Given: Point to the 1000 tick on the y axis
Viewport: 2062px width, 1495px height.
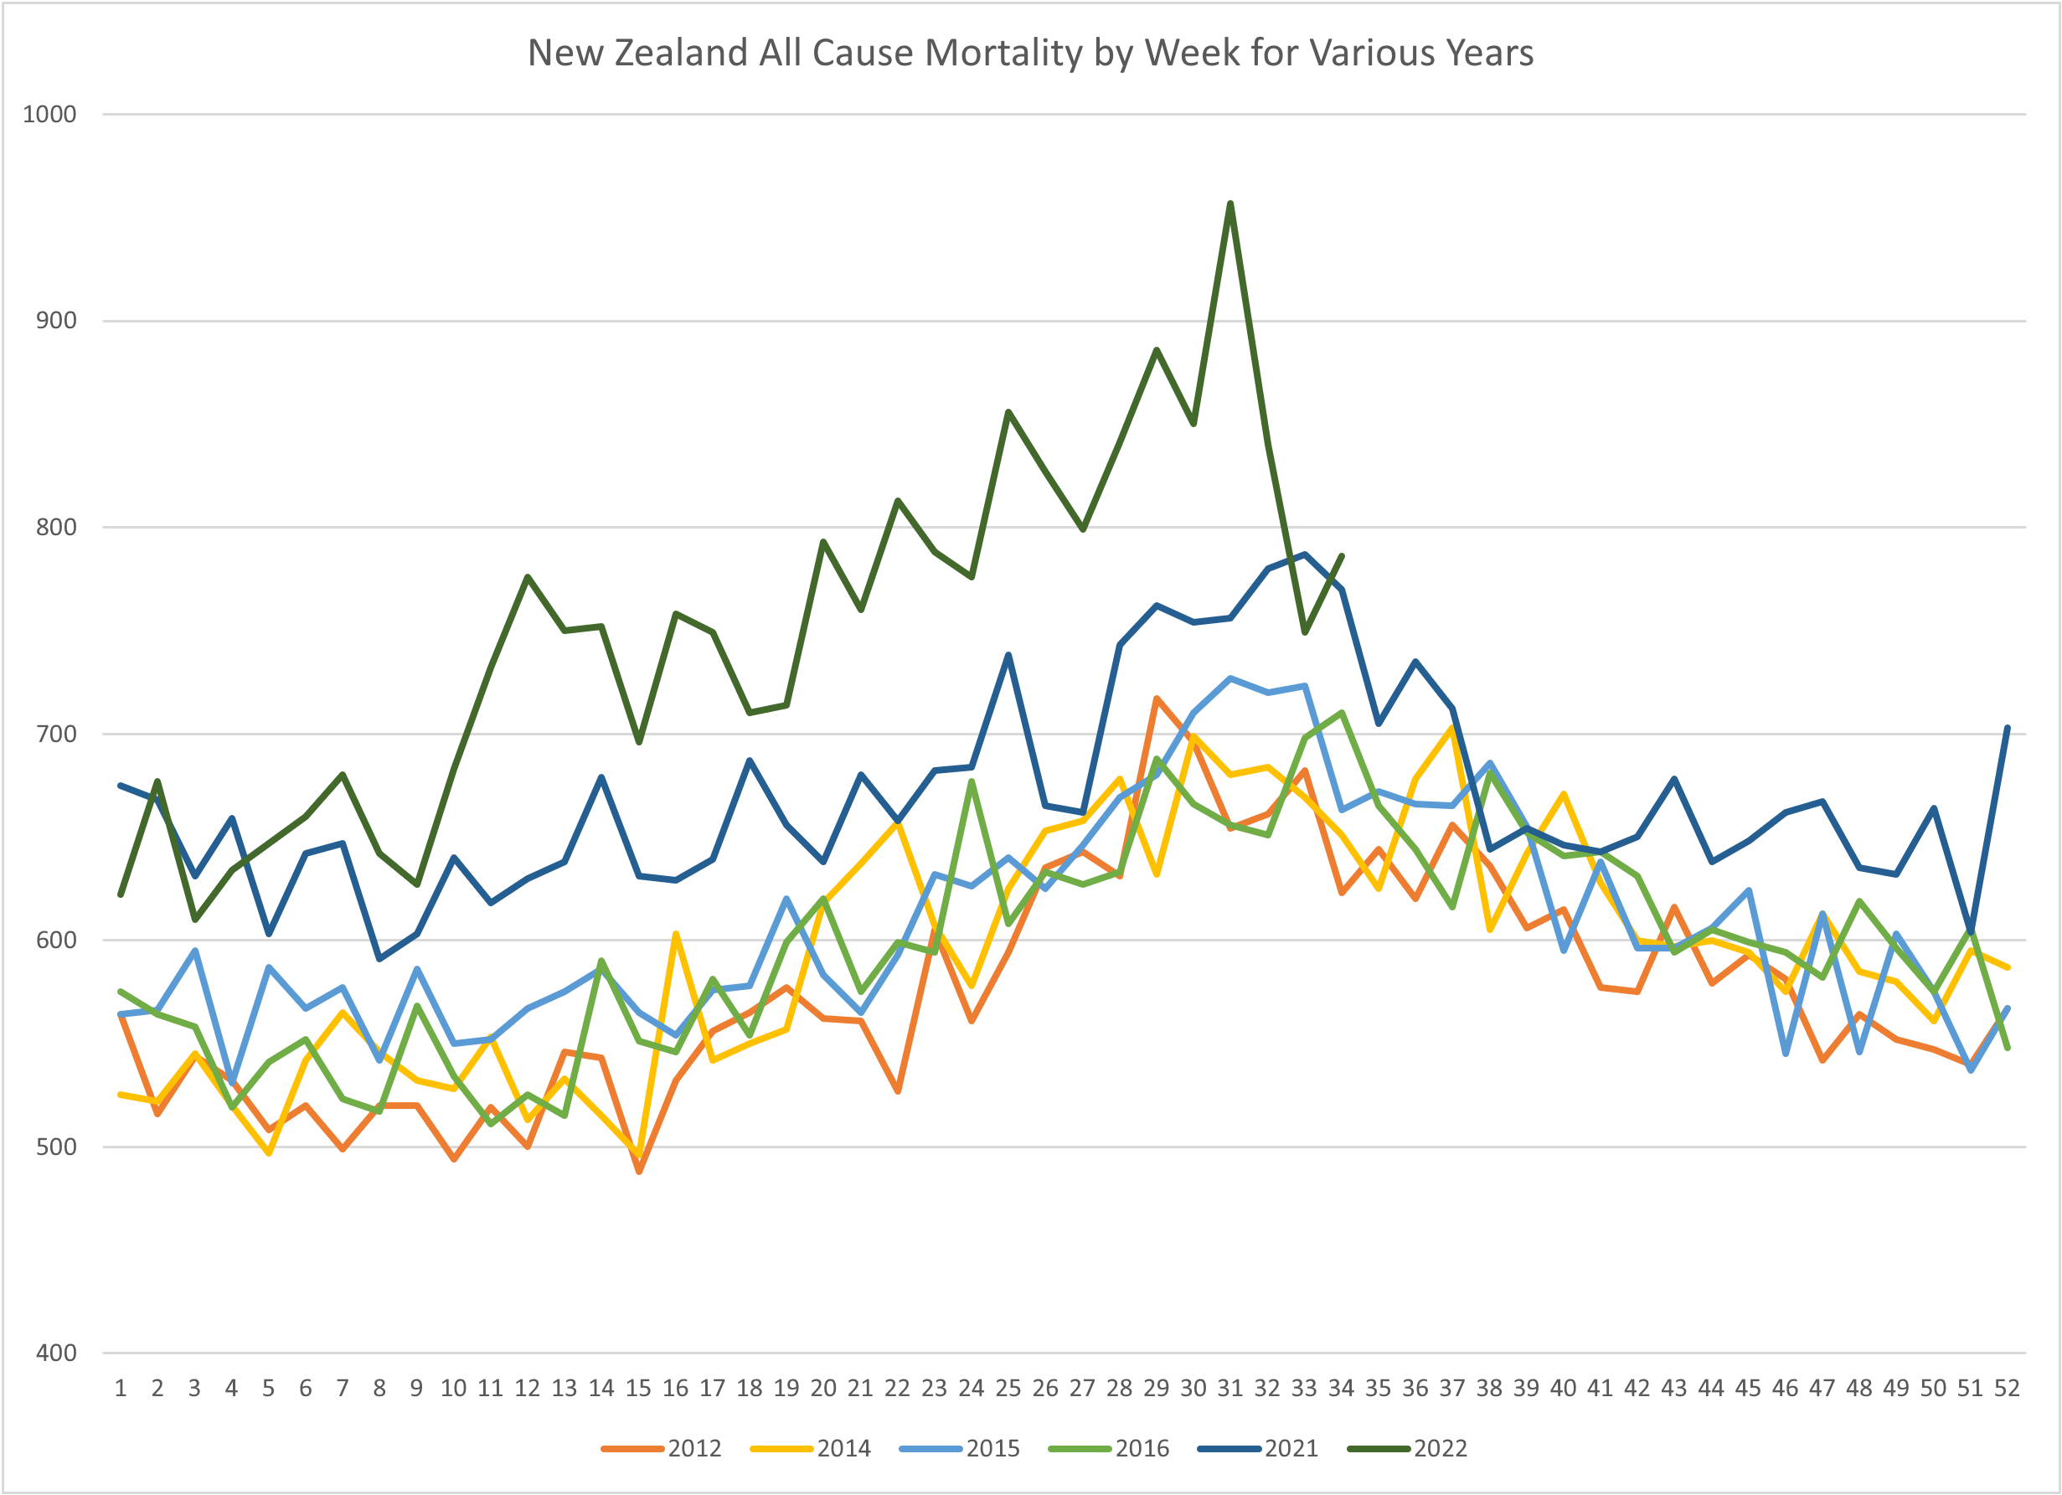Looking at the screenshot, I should pos(49,115).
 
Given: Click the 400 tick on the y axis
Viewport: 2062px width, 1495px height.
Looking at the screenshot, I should pos(55,1353).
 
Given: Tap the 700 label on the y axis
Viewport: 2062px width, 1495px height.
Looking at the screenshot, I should pos(55,734).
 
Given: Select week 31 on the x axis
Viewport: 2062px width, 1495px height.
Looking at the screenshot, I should pos(1230,1389).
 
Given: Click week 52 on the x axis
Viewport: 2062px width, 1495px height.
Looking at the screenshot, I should pos(2007,1389).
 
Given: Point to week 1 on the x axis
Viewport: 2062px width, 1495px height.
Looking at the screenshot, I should pos(120,1389).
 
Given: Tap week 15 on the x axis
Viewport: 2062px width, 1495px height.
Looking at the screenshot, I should pos(638,1389).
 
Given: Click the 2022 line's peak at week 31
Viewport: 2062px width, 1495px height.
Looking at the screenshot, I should pos(1230,203).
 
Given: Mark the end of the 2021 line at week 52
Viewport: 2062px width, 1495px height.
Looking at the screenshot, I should pos(2008,728).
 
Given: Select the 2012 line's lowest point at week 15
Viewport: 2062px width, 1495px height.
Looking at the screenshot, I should pos(639,1171).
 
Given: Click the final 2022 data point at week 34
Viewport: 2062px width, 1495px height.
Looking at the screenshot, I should pos(1342,555).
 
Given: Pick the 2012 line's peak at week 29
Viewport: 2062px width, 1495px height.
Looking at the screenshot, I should pos(1157,699).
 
